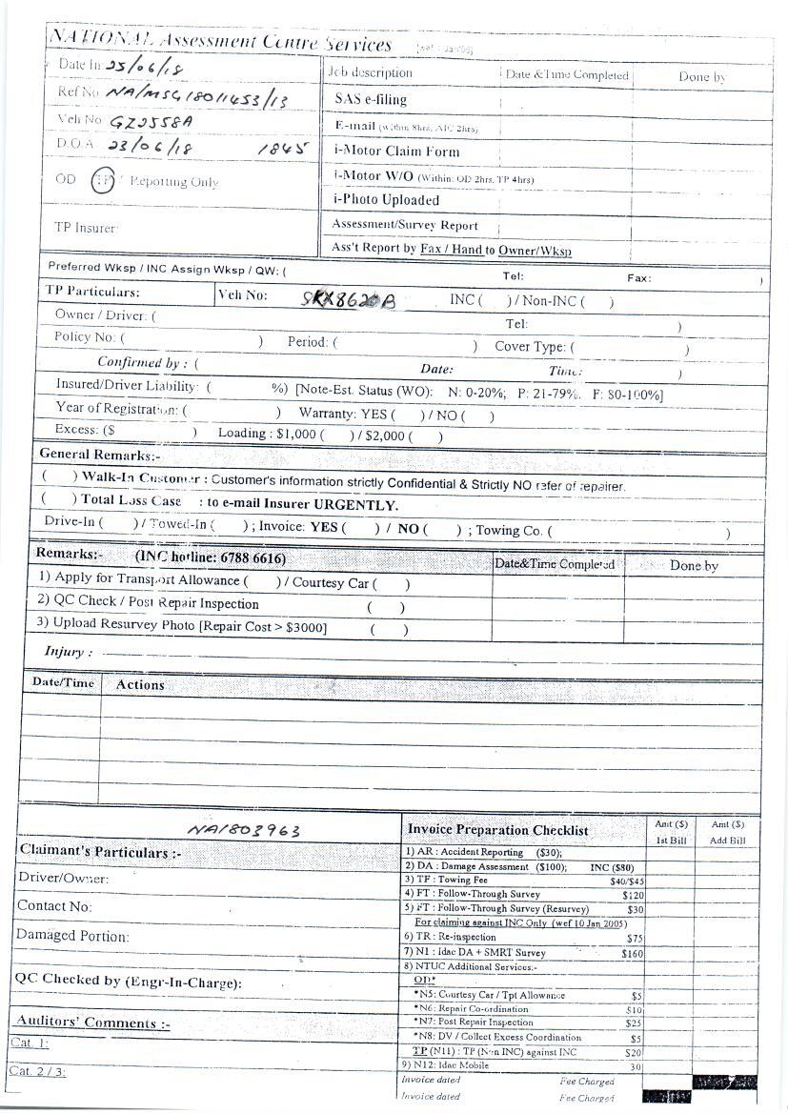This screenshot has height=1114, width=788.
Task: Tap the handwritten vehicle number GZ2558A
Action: pyautogui.click(x=152, y=122)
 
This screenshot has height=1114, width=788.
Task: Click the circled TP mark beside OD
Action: pyautogui.click(x=103, y=180)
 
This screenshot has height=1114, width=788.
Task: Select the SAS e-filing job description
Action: pyautogui.click(x=371, y=99)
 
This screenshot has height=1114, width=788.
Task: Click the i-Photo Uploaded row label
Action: pyautogui.click(x=386, y=200)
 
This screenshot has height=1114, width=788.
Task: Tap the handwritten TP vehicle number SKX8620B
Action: pyautogui.click(x=346, y=299)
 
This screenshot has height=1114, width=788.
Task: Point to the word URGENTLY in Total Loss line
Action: pyautogui.click(x=355, y=505)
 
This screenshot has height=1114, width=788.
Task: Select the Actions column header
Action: pyautogui.click(x=140, y=684)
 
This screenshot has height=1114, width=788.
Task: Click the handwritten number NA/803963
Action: pyautogui.click(x=244, y=830)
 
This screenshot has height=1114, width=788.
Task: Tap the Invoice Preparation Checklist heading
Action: pyautogui.click(x=497, y=831)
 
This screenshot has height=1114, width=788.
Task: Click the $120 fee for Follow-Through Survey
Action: pyautogui.click(x=633, y=895)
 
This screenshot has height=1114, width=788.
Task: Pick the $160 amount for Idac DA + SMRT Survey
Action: pyautogui.click(x=632, y=953)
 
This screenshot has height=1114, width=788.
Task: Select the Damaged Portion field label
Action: pyautogui.click(x=72, y=937)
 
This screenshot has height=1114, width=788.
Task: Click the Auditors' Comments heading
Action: pyautogui.click(x=93, y=1023)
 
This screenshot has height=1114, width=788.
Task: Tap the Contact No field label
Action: pyautogui.click(x=54, y=906)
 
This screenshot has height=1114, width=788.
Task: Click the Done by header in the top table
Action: pyautogui.click(x=702, y=76)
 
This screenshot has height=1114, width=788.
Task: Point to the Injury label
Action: pyautogui.click(x=69, y=653)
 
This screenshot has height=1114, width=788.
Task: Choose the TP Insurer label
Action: pyautogui.click(x=86, y=228)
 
